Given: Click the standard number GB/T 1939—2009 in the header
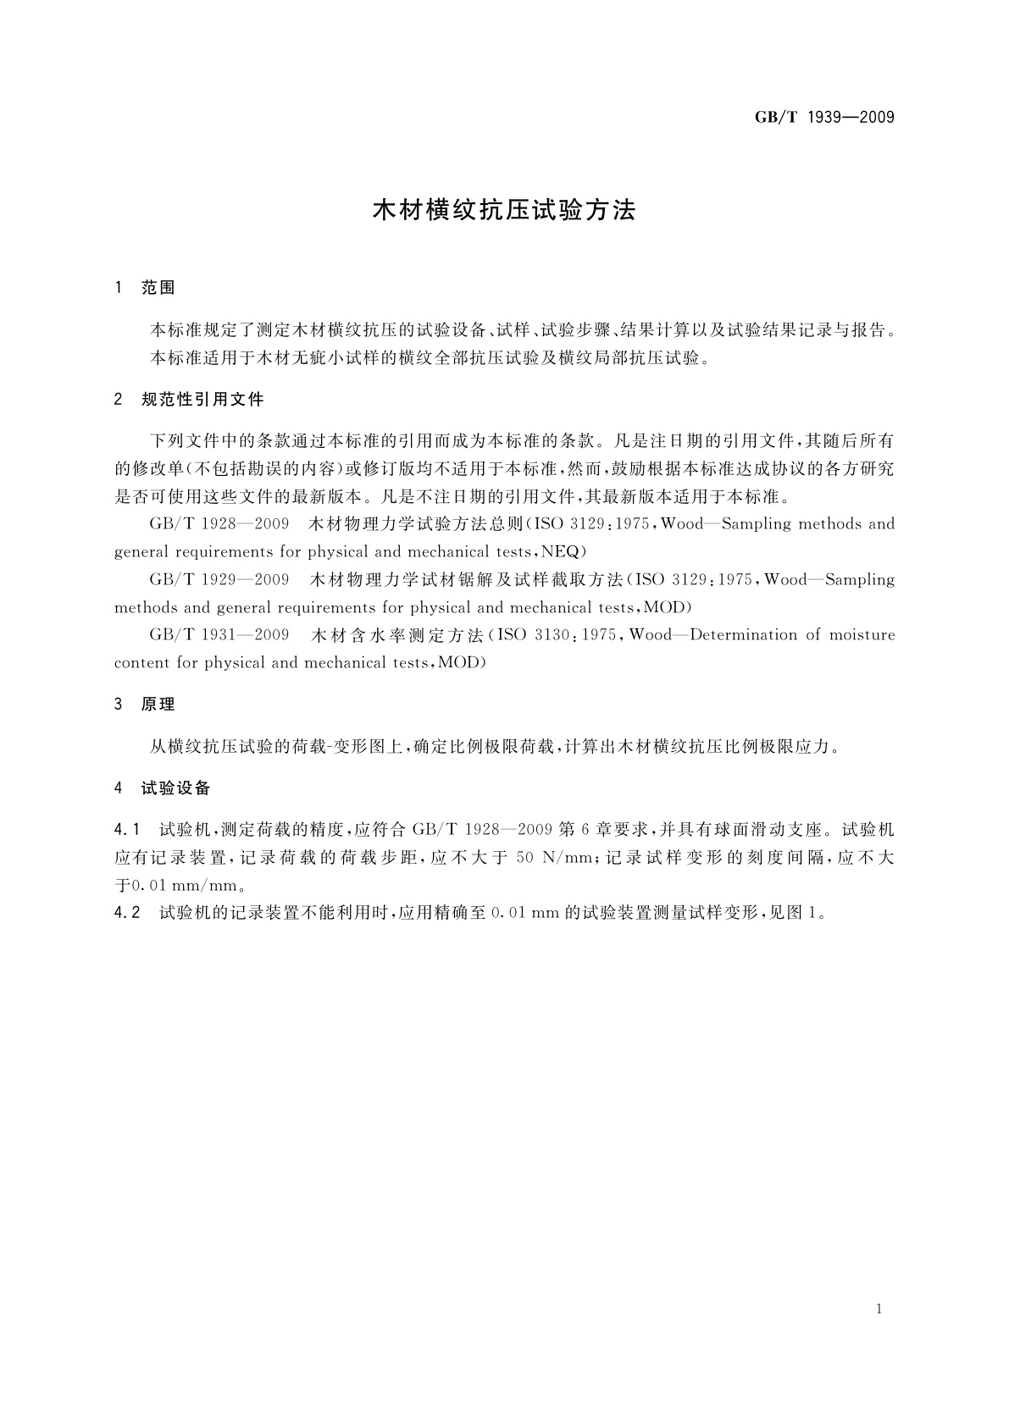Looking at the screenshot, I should click(824, 117).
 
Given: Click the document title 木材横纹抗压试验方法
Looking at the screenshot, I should click(504, 211).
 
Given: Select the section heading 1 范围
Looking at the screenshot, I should click(145, 288).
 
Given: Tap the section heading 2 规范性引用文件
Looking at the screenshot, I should click(189, 399).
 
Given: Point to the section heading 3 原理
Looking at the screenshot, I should click(145, 704).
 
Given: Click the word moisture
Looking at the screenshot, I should click(862, 634).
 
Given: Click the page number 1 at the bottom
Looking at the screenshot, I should click(879, 1309).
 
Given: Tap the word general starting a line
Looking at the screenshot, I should click(141, 552).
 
